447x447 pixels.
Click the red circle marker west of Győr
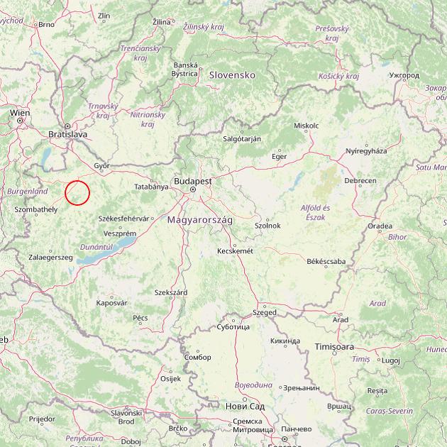click(77, 192)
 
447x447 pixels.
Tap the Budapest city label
click(192, 181)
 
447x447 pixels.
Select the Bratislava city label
click(67, 133)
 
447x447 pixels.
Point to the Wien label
click(20, 112)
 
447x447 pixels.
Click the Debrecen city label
click(360, 181)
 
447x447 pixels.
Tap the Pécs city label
click(140, 317)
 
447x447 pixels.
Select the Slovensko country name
click(231, 74)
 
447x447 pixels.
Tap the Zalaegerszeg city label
click(50, 257)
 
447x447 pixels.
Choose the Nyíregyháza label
click(366, 151)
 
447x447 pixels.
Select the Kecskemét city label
click(236, 250)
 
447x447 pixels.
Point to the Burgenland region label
click(27, 192)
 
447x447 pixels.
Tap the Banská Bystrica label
click(184, 69)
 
